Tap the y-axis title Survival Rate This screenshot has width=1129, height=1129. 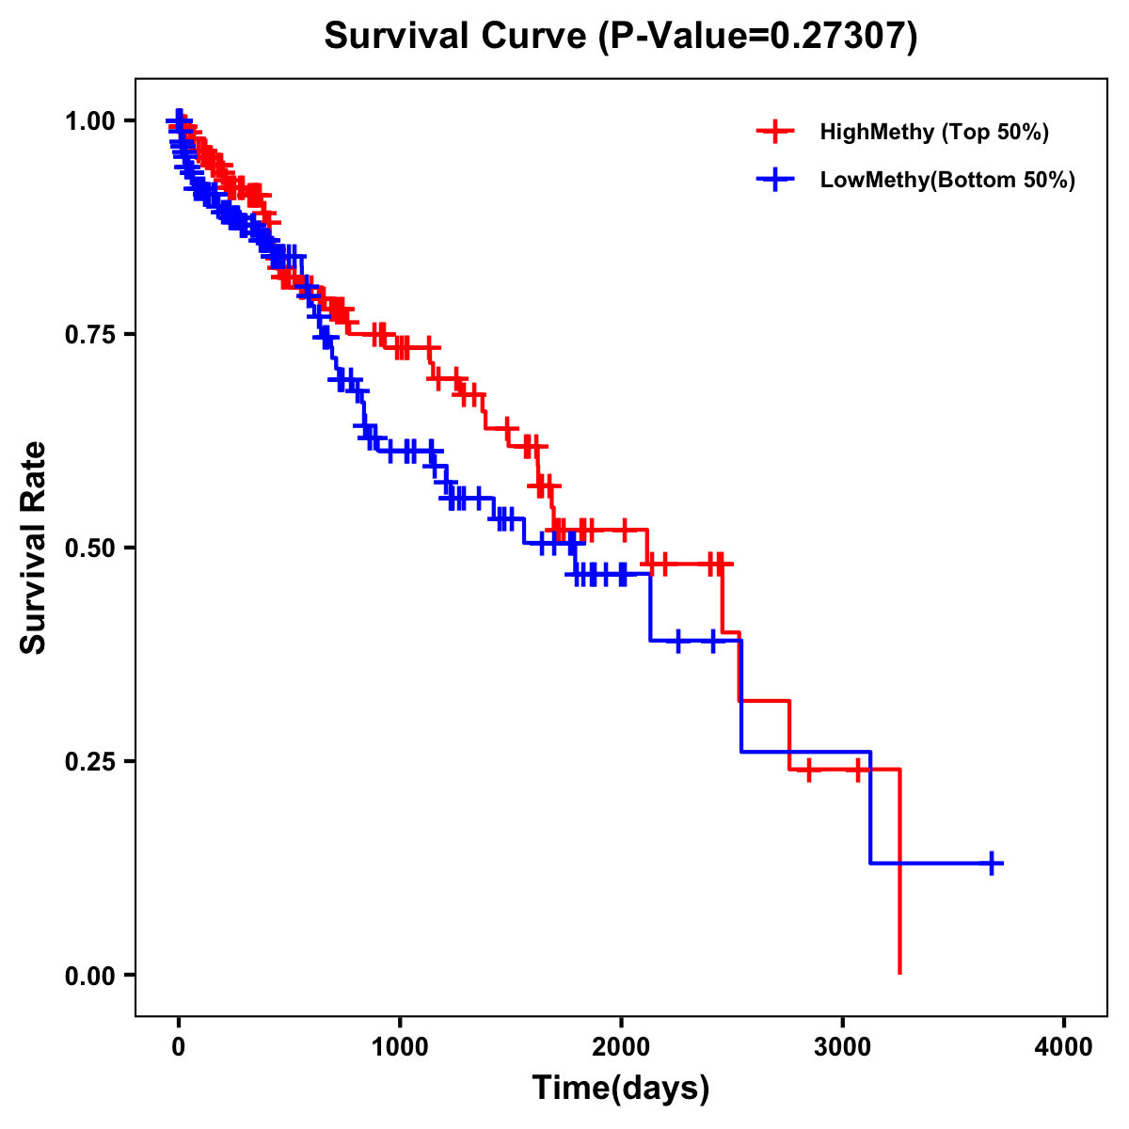pyautogui.click(x=34, y=547)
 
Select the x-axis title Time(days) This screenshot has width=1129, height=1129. pyautogui.click(x=621, y=1088)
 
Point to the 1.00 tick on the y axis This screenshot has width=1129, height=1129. pyautogui.click(x=89, y=120)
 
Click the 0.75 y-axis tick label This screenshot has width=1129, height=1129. pyautogui.click(x=89, y=334)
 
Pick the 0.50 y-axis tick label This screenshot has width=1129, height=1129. pyautogui.click(x=89, y=548)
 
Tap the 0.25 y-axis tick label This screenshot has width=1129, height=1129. pyautogui.click(x=89, y=761)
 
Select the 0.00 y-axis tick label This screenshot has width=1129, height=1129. pyautogui.click(x=89, y=975)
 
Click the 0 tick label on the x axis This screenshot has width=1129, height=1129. pyautogui.click(x=179, y=1046)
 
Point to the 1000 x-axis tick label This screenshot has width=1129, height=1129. pyautogui.click(x=400, y=1046)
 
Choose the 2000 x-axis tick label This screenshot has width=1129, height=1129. pyautogui.click(x=621, y=1046)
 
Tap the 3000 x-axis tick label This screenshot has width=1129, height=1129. pyautogui.click(x=842, y=1046)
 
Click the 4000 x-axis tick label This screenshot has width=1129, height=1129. pyautogui.click(x=1064, y=1046)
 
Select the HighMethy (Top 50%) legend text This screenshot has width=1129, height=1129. pyautogui.click(x=934, y=132)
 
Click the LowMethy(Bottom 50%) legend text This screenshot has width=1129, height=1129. pyautogui.click(x=947, y=180)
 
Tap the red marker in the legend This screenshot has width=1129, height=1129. pyautogui.click(x=775, y=132)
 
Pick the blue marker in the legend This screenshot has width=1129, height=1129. pyautogui.click(x=775, y=180)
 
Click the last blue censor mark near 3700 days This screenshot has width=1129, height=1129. pyautogui.click(x=992, y=863)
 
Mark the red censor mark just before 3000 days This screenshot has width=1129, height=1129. pyautogui.click(x=807, y=770)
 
